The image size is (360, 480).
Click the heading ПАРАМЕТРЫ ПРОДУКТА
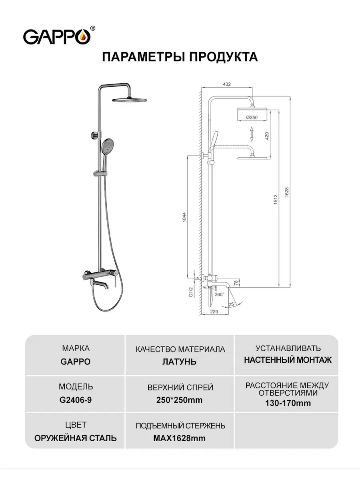click(x=180, y=56)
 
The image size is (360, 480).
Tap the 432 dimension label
click(x=227, y=84)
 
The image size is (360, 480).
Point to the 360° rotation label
click(x=220, y=294)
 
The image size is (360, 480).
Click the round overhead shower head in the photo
click(x=130, y=99)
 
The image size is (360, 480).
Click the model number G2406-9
click(x=76, y=400)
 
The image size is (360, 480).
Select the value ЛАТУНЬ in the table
click(x=180, y=362)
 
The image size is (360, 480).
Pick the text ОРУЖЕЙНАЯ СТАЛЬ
click(x=76, y=438)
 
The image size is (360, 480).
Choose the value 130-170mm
click(x=288, y=403)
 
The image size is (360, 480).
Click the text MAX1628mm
click(x=180, y=438)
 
